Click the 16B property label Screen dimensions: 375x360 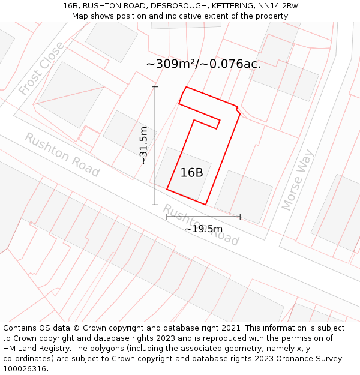(192, 173)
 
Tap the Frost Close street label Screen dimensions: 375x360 (41, 68)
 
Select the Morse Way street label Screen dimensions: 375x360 (298, 179)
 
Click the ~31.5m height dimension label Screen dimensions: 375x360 (143, 146)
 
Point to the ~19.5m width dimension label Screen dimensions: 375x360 (203, 229)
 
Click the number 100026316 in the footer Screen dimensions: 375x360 (24, 369)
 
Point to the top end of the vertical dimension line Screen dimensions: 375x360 (155, 87)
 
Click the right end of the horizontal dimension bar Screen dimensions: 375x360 (240, 217)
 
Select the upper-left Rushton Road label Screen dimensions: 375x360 (62, 155)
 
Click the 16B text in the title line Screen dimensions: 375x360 (71, 5)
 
